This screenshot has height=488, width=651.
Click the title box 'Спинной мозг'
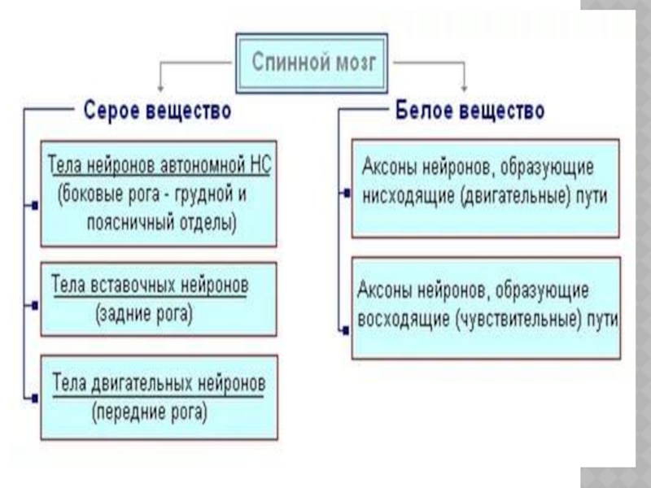point(312,63)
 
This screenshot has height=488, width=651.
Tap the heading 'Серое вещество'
point(157,111)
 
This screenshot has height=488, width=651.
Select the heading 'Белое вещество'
point(470,111)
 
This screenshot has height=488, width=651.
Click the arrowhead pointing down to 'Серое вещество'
point(160,89)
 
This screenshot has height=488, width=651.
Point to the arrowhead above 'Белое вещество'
point(464,89)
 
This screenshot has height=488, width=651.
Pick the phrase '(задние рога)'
point(144,314)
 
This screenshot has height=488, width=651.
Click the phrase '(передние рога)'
point(150,412)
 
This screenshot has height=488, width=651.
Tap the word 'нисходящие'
point(409,196)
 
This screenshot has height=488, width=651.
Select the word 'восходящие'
point(404,319)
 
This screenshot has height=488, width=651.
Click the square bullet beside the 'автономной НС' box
point(35,206)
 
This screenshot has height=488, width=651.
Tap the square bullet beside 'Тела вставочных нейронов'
point(35,306)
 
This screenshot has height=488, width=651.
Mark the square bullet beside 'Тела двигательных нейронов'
point(35,399)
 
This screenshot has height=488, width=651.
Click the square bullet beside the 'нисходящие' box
point(347,193)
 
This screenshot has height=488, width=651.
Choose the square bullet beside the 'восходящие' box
point(345,331)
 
